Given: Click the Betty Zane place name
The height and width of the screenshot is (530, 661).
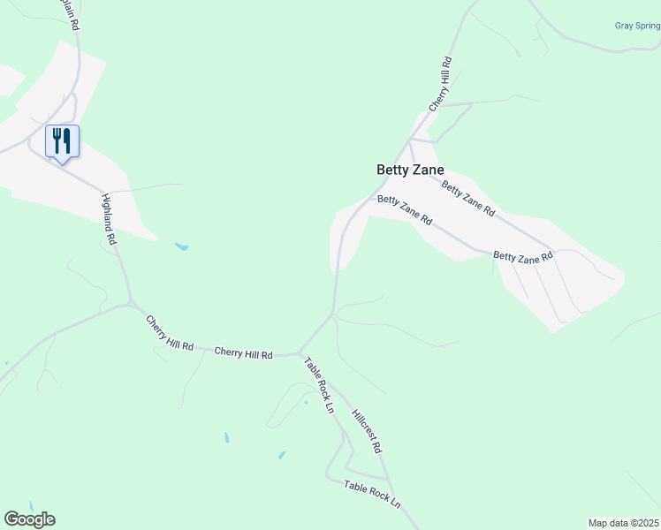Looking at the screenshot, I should click(x=410, y=170).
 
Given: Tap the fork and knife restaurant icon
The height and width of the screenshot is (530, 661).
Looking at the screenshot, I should click(x=62, y=140).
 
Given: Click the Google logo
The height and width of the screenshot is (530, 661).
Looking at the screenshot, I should click(x=29, y=519).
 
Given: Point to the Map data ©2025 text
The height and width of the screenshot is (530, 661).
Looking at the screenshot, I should click(x=623, y=522).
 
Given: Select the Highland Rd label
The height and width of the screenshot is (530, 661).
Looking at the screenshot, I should click(x=110, y=218).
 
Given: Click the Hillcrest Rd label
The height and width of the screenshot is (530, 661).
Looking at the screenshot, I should click(x=366, y=431).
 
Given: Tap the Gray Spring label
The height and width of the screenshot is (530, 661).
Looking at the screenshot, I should click(x=637, y=26).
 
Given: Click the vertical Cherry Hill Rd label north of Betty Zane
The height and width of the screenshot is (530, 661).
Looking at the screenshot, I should click(x=440, y=84).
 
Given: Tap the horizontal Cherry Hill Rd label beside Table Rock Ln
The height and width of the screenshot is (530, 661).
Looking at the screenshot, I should click(x=244, y=352).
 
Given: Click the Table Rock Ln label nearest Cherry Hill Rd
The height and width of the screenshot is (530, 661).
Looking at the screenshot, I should click(x=319, y=385).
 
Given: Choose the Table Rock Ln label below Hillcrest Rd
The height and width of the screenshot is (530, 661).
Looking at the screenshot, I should click(x=372, y=493).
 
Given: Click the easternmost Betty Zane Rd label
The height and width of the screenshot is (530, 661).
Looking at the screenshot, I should click(x=522, y=256).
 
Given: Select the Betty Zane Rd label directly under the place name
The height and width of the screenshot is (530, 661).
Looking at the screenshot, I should click(x=404, y=210).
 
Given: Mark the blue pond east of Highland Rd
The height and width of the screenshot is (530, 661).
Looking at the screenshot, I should click(x=181, y=246).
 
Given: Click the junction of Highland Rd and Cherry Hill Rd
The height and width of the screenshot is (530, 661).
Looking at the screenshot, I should click(x=131, y=305).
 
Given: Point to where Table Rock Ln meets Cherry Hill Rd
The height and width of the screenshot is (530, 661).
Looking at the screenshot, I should click(x=300, y=353).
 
